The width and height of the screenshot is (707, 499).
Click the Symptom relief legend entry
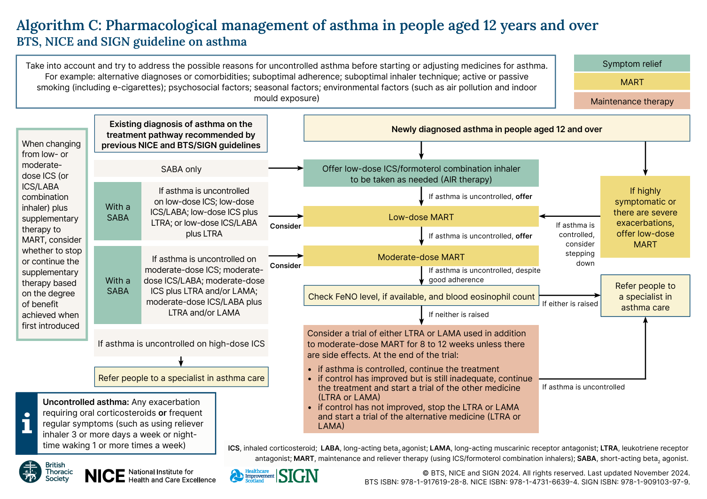tap(632, 63)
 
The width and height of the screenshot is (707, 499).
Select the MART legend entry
tap(632, 82)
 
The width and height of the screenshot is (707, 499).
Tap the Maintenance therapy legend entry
tap(632, 101)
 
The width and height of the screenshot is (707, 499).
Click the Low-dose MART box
tap(421, 217)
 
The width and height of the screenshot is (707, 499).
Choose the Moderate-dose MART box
tap(421, 257)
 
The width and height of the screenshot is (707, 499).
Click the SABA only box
tap(181, 169)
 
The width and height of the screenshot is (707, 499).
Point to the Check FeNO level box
tap(421, 296)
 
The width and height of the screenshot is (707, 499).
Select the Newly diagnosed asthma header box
tap(497, 129)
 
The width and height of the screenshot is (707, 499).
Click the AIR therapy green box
tap(421, 174)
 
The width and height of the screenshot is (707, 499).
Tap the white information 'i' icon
tap(27, 423)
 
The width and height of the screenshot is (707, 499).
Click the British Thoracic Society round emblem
tap(31, 472)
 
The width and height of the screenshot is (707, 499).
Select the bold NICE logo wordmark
tap(105, 476)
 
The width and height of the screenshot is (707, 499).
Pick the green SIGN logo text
tap(298, 476)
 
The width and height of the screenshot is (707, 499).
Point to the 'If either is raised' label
tap(570, 304)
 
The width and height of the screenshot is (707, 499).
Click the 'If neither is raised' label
tap(458, 315)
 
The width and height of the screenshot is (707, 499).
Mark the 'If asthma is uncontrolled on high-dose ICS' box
tap(181, 344)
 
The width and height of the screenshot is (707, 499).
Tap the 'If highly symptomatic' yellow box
tap(645, 217)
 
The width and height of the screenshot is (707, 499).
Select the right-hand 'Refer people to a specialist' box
tap(645, 296)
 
